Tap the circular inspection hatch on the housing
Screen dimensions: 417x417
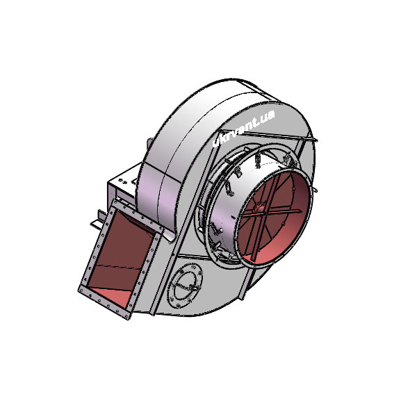185,286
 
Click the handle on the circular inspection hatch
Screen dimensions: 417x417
193,288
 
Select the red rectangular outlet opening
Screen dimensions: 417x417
120,257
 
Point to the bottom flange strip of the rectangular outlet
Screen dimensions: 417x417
105,304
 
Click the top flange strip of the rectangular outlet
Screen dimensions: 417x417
139,217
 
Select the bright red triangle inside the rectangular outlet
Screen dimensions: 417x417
112,295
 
